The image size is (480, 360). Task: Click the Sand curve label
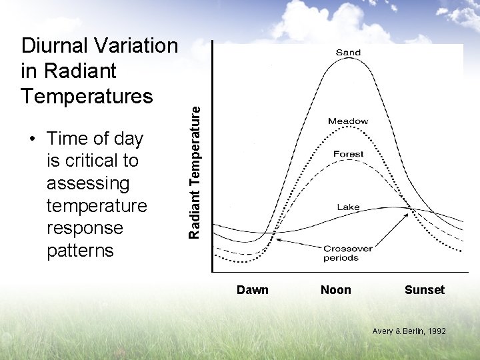click(x=348, y=53)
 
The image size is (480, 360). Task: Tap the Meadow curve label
click(x=348, y=121)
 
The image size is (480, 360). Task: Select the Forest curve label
click(x=349, y=154)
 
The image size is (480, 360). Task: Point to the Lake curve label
click(x=348, y=207)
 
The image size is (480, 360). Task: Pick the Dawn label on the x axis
click(x=253, y=289)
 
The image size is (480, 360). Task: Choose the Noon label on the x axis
click(x=336, y=289)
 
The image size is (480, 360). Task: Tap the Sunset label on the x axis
click(x=424, y=289)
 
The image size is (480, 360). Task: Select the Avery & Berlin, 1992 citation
click(x=409, y=331)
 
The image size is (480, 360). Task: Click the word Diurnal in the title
click(x=55, y=46)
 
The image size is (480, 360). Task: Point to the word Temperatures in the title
click(x=87, y=96)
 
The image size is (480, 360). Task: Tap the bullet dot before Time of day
click(x=31, y=139)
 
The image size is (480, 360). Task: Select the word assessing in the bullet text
click(x=88, y=183)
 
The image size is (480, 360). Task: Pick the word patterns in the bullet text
click(x=80, y=251)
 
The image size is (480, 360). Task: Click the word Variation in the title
click(x=137, y=46)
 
